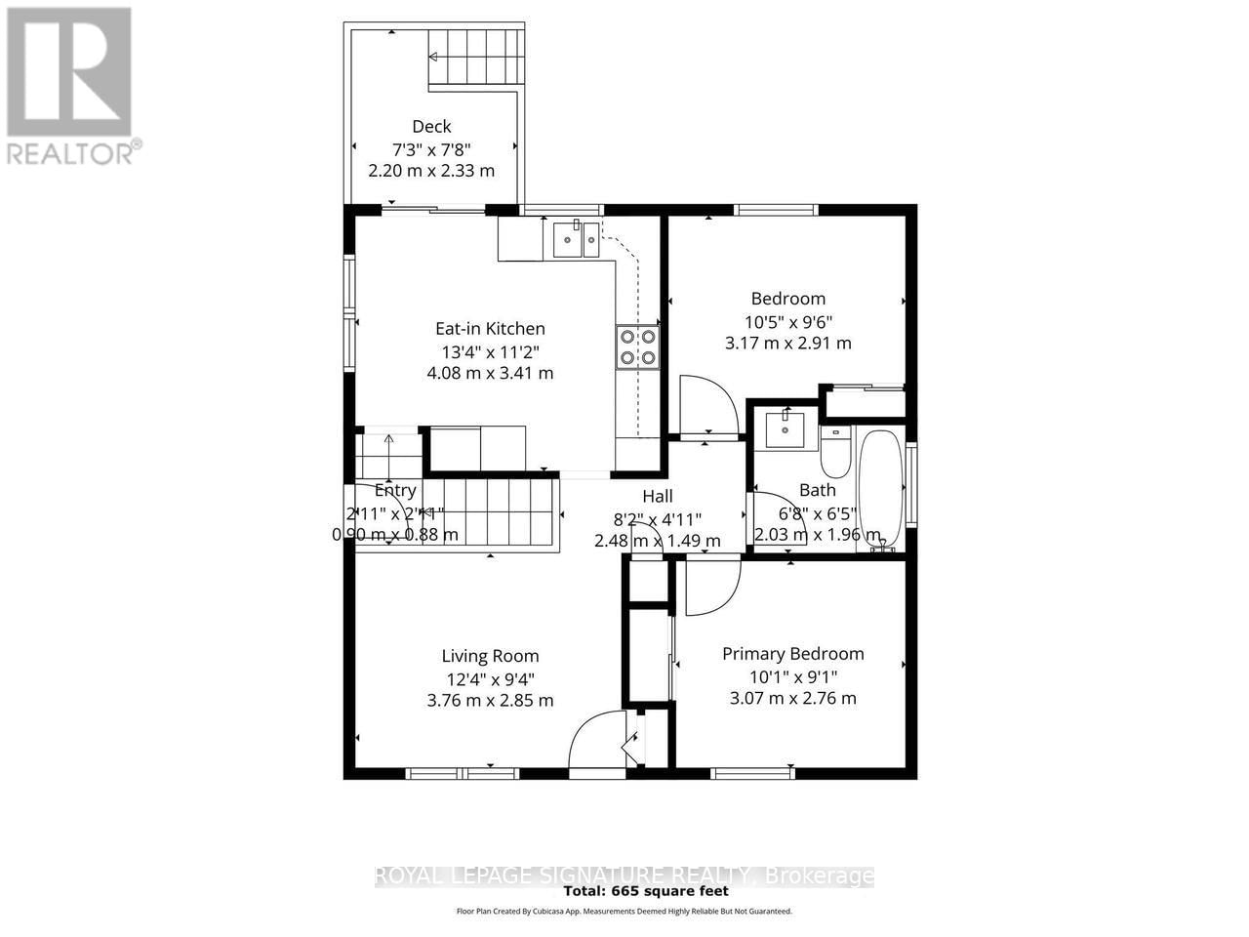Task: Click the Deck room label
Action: tap(431, 126)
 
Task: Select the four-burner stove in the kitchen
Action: tap(636, 346)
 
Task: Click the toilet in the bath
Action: tap(835, 452)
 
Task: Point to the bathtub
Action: tap(882, 490)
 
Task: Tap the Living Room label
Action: tap(490, 656)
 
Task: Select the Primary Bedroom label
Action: tap(792, 654)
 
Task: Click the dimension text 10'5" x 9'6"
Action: tap(787, 321)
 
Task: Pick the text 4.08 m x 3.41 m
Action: tap(490, 373)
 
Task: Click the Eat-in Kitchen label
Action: tap(490, 329)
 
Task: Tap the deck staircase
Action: tap(476, 59)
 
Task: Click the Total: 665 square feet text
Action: tap(646, 891)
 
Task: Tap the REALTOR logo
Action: tap(71, 83)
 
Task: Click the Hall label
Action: tap(657, 497)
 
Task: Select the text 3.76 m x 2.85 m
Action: tap(490, 700)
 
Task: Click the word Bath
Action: tap(817, 490)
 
